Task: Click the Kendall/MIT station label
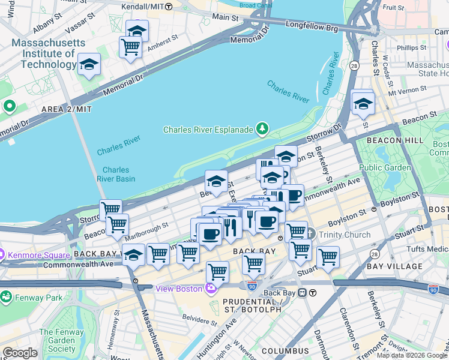[x=143, y=7]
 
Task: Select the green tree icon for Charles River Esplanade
[x=261, y=128]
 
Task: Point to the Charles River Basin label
[x=116, y=174]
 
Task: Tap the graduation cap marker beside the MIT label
[x=89, y=65]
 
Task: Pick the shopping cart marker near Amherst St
[x=130, y=47]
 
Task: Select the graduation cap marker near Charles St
[x=363, y=103]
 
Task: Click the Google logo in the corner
[x=20, y=353]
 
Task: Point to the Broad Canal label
[x=255, y=5]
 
